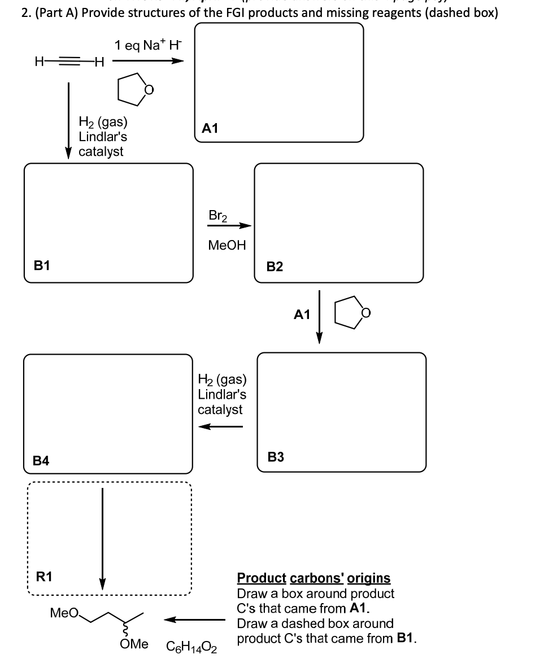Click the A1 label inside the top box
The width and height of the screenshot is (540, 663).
coord(210,129)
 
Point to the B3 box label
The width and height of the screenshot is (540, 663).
coord(276,457)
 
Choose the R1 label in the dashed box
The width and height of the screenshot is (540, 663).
coord(44,577)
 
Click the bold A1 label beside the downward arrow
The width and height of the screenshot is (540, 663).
coord(302,315)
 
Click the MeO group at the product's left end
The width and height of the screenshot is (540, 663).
coord(62,612)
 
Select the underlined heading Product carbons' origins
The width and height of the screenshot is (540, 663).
coord(313,578)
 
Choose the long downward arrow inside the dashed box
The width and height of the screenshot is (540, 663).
coord(102,536)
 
